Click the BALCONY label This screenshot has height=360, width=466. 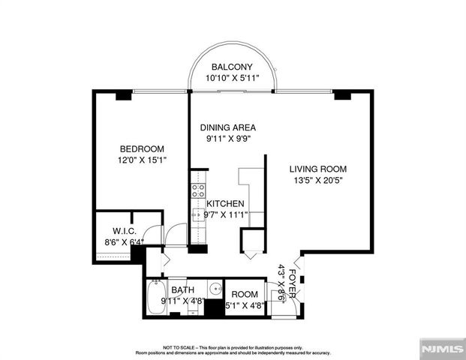pos(232,67)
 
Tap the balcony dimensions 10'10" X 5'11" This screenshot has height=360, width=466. pos(232,78)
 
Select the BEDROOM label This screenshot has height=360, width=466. pos(142,148)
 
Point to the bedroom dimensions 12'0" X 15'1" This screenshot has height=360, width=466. pos(142,160)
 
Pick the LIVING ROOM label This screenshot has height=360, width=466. pos(318,169)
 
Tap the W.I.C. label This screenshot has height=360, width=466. pos(123,230)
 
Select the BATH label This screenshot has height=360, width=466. pos(182,289)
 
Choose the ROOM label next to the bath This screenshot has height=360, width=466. pos(245,295)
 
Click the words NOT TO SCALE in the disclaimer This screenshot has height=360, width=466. pos(177,348)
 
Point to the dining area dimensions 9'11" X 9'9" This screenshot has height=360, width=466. pos(230,139)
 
